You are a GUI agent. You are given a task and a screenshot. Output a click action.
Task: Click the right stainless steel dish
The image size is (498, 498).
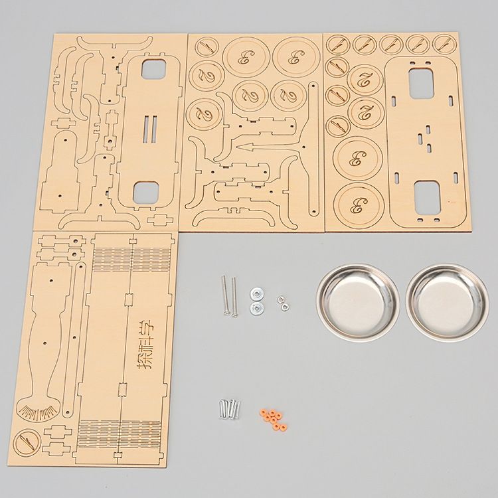click(446, 301)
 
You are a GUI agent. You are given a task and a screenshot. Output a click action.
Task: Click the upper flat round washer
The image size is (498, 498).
click(255, 292)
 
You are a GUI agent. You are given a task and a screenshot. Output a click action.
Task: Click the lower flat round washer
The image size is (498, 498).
click(255, 307)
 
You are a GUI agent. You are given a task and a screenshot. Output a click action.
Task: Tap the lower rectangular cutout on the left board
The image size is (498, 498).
click(148, 193)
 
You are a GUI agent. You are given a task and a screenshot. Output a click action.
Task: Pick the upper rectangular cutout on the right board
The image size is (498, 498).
click(423, 82)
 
